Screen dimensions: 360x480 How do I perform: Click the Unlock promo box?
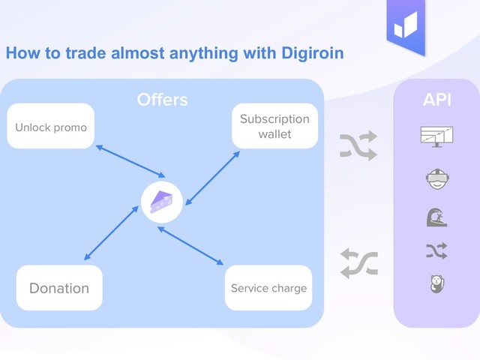(x=51, y=127)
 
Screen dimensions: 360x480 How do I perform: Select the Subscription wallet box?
(x=274, y=126)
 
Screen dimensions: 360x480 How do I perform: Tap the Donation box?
(x=59, y=288)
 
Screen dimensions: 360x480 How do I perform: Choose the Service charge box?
(x=268, y=288)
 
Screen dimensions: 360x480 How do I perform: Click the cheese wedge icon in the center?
(x=161, y=202)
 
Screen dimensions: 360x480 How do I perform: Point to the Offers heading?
(x=162, y=100)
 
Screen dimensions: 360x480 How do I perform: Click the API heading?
(x=436, y=100)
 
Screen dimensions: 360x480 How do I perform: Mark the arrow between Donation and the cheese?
(x=112, y=233)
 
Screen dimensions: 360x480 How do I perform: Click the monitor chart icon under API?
(x=436, y=137)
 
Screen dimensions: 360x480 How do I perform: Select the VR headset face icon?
(x=436, y=180)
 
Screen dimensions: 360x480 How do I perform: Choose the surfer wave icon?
(x=436, y=217)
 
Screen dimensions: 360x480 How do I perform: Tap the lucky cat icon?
(x=436, y=284)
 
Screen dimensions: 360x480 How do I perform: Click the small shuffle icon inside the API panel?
(x=436, y=250)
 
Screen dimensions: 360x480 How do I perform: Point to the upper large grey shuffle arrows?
(x=358, y=145)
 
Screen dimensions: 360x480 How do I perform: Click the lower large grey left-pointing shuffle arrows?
(x=358, y=263)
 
